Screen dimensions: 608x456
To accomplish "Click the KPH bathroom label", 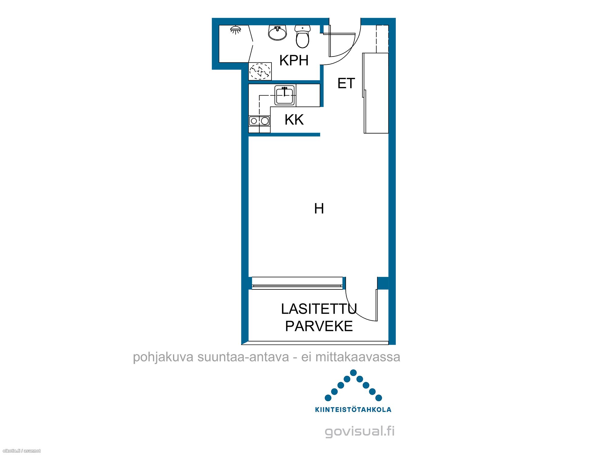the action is (294, 60).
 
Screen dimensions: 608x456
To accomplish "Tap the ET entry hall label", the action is (346, 83).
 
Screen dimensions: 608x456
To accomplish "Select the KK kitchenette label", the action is (294, 119).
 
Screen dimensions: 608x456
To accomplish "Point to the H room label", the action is (319, 209).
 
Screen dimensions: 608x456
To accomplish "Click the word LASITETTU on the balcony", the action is (319, 309).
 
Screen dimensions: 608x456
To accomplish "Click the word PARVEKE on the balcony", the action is (319, 326).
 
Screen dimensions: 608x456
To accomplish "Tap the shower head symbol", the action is (236, 30).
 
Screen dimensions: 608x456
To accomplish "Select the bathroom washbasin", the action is (278, 33).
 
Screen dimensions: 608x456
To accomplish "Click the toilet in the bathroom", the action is (302, 36).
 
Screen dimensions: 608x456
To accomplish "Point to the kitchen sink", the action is (285, 95).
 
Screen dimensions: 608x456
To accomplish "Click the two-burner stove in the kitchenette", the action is (259, 121).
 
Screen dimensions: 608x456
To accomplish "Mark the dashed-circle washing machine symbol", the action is (260, 71).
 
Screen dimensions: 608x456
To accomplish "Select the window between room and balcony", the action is (297, 283).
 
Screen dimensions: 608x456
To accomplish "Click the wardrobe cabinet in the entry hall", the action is (376, 93).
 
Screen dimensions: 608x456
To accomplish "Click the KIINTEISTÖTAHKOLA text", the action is (353, 409).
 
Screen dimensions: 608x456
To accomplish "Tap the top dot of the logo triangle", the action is (353, 373).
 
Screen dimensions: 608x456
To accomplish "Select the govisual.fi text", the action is (360, 431).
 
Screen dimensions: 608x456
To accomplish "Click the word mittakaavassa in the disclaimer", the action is (358, 357).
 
